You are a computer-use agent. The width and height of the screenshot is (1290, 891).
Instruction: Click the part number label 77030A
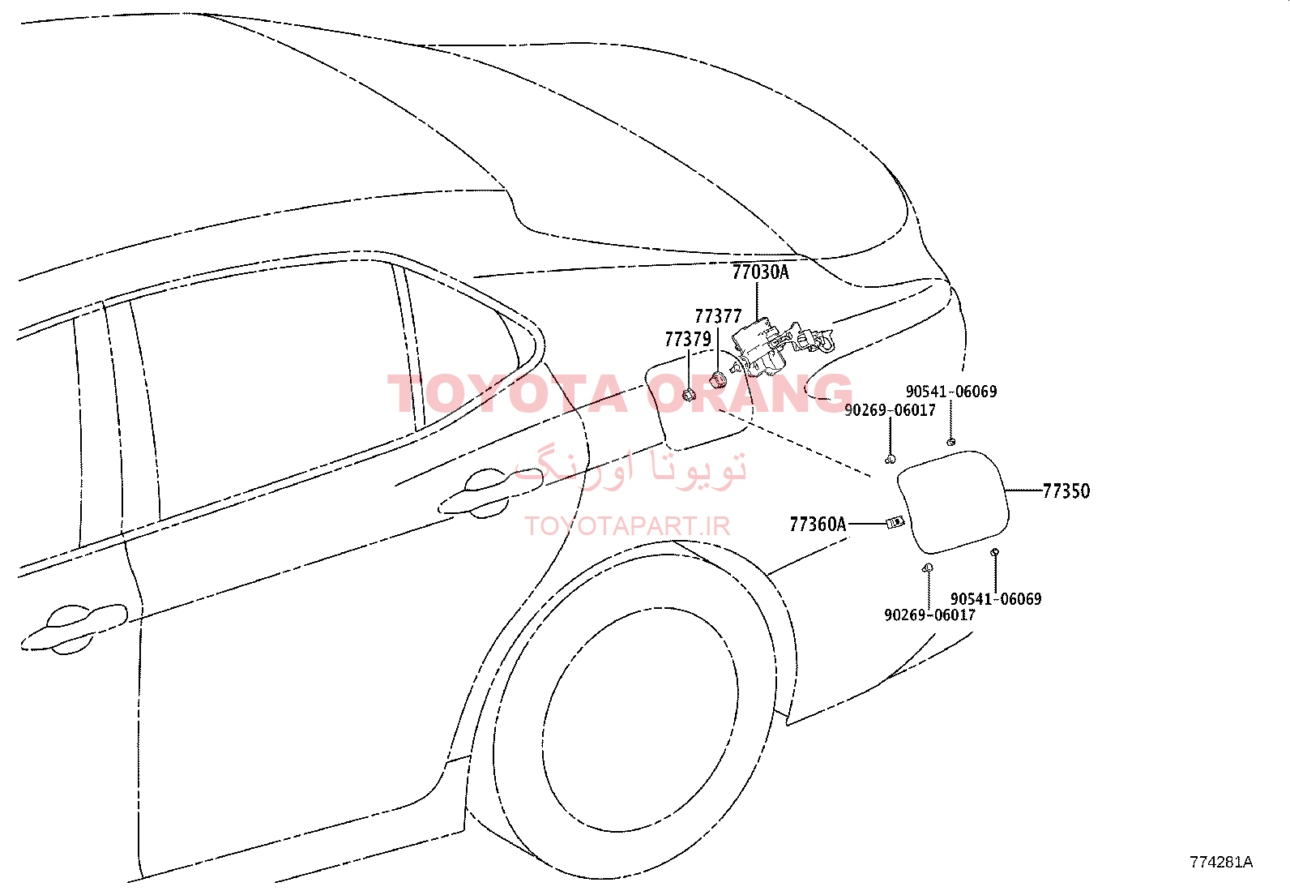coord(760,272)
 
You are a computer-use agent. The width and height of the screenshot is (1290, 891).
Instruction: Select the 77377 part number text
coord(718,316)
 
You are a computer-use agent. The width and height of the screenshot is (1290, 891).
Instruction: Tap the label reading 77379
coord(688,340)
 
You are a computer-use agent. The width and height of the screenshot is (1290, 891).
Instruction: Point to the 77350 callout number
coord(1066,491)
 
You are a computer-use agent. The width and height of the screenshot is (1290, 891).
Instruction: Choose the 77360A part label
coord(818,525)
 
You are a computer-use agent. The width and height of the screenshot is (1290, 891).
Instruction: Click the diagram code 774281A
coord(1221,862)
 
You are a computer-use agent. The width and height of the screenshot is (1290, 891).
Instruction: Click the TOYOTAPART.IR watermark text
coord(627,526)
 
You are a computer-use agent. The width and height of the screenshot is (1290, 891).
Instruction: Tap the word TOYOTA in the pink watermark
coord(506,394)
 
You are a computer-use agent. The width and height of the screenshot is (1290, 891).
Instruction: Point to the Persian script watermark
coord(630,469)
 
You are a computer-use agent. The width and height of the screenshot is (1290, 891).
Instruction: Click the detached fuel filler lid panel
coord(953,502)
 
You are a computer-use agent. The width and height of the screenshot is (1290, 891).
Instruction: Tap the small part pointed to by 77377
coord(717,380)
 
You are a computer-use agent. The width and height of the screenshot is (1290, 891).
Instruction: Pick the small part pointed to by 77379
coord(689,396)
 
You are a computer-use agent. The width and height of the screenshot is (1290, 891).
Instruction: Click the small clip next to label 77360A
coord(895,523)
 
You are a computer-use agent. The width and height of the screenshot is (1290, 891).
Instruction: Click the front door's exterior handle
coord(73,629)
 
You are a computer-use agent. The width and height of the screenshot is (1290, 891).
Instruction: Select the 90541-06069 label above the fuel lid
coord(951,392)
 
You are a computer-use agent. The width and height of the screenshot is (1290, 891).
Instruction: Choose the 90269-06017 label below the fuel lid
coord(930,615)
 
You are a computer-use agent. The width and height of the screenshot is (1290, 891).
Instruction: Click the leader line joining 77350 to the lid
coord(1024,490)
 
